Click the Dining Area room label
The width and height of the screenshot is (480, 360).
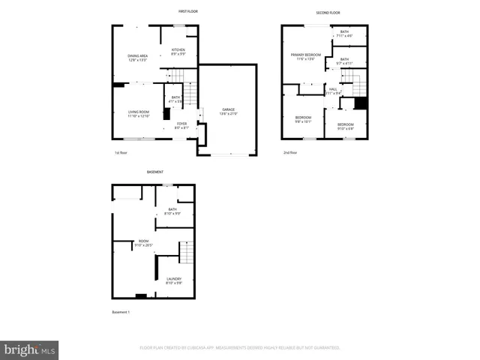tap(137, 57)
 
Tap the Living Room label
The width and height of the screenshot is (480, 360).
tap(139, 114)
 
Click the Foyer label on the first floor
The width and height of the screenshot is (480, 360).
tap(181, 125)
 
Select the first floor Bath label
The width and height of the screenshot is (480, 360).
tap(175, 98)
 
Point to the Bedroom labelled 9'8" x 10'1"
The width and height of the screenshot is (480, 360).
tap(303, 118)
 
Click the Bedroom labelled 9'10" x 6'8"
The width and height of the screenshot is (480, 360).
tap(345, 125)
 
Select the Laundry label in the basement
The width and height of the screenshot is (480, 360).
tap(173, 280)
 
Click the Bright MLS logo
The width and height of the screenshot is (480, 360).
tap(30, 349)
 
